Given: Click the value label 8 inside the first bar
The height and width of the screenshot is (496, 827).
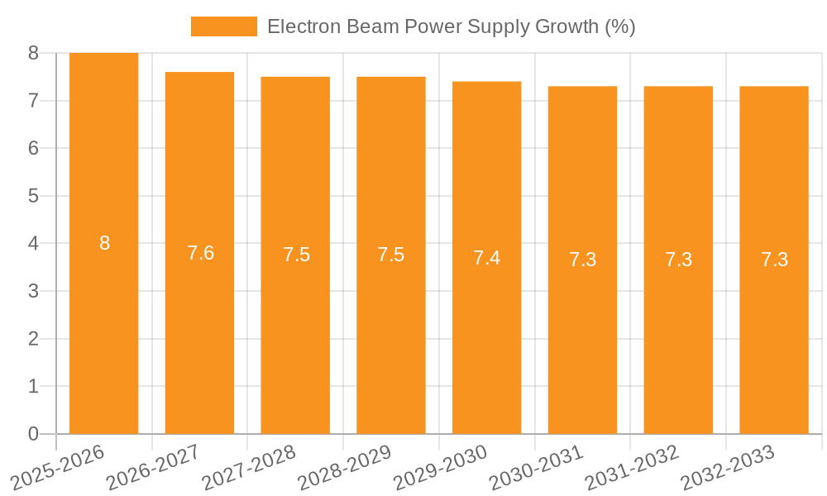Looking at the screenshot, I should point(104,243).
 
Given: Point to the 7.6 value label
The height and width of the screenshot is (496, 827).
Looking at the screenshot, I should point(200,253).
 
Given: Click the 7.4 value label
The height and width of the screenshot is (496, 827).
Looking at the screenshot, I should point(486,258).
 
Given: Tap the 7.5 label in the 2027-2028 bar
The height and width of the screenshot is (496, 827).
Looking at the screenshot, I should point(296,255).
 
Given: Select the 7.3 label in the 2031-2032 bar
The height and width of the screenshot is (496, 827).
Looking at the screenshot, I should point(678,260).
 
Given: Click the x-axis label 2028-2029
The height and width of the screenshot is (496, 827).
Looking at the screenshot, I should point(345,467).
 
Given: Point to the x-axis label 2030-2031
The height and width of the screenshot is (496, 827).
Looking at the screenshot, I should point(537,467).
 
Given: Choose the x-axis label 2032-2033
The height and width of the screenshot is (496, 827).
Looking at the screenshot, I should point(728,467).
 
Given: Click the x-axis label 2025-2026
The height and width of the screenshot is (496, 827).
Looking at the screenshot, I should point(58,467).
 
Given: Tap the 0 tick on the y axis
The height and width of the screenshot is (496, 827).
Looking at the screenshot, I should point(33,434).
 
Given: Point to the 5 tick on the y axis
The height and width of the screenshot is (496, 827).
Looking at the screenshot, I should point(33,196).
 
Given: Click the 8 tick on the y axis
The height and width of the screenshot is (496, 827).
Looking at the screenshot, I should point(33,53).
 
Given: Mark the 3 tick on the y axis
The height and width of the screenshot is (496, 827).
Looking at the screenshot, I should point(33,291).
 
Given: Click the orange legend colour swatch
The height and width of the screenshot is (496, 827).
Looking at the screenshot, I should point(223,26).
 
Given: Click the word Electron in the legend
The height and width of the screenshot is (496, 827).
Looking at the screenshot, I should point(299,26).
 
